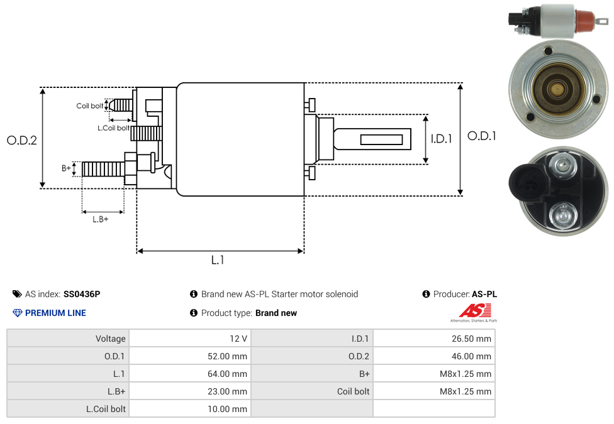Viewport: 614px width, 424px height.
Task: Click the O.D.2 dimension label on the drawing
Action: [21, 141]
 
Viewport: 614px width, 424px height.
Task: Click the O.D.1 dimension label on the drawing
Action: [481, 136]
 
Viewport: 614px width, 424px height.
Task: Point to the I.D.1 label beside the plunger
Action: [441, 139]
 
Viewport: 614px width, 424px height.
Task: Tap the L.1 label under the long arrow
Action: [218, 260]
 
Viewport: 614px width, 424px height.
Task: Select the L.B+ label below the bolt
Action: [101, 219]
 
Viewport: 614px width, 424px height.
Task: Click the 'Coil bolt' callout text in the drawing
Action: [90, 106]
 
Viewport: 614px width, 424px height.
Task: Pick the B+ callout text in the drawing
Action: [66, 168]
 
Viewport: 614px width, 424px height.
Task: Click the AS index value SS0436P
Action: [82, 294]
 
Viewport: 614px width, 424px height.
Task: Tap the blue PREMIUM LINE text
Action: [55, 313]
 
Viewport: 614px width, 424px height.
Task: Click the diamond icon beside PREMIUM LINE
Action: [18, 313]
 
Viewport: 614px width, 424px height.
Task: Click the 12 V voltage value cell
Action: [238, 339]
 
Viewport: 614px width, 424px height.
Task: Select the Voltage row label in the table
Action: [111, 339]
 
